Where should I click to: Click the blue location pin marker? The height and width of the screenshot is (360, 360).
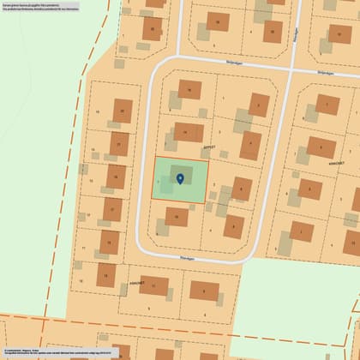coord(180,178)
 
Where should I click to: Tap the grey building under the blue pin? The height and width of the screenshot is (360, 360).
coord(181,174)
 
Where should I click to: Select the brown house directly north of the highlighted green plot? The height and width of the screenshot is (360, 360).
coord(189,133)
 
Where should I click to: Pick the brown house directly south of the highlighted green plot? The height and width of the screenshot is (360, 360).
coord(177,218)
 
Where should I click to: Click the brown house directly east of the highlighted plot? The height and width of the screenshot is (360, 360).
coord(243,188)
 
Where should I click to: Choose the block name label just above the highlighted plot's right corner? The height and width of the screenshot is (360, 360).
coord(208,147)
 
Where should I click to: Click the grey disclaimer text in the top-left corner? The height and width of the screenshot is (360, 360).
coord(43,9)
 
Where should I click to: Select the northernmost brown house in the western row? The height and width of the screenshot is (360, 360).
coord(123,111)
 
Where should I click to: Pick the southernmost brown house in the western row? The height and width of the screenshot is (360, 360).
coord(106,275)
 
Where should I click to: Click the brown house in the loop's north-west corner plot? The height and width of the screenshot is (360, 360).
coord(189,89)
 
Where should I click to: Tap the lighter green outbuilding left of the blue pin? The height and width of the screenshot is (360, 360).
coord(164,183)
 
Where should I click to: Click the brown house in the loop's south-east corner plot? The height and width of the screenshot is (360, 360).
coord(233,225)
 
